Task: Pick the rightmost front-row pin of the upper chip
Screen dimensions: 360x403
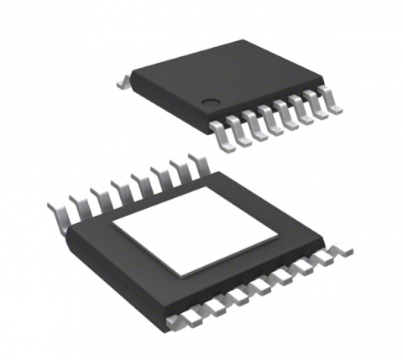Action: [333, 105]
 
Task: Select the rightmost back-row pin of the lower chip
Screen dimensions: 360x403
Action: [198, 161]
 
